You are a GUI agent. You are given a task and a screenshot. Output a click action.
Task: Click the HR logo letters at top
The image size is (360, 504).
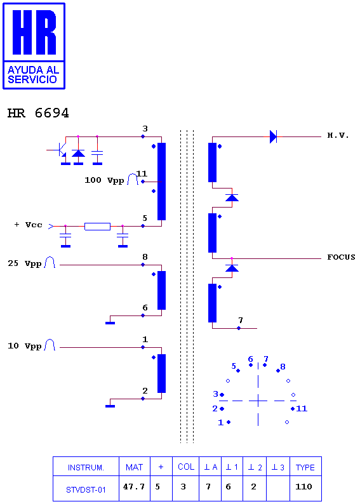34,32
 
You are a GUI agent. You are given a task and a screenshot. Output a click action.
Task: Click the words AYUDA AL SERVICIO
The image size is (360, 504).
33,74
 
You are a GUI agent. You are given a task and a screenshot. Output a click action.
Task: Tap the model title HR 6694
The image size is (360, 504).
38,113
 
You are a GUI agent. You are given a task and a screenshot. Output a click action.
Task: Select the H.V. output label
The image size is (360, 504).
338,135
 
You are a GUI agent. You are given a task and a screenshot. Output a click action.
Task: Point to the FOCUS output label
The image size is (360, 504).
341,257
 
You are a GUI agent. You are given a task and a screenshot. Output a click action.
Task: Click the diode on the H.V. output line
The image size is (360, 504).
273,136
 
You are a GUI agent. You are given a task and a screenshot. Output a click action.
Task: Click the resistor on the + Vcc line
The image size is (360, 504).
97,226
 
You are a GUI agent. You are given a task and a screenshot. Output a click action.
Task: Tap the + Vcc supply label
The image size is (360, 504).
29,225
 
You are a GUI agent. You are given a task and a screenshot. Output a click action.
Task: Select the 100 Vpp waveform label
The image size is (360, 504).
104,180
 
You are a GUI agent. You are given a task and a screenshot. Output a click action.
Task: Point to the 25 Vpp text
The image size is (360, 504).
25,263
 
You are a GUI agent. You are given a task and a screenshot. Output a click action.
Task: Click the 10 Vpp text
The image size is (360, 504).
25,346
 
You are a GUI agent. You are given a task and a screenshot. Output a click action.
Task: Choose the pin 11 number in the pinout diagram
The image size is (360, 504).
302,409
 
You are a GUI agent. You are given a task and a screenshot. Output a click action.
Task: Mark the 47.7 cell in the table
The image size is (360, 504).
134,486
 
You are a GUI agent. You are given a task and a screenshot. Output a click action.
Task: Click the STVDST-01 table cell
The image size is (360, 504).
86,489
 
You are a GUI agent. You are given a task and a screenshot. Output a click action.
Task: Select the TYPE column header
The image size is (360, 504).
305,467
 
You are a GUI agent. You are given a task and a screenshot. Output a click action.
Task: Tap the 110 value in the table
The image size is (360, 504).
303,486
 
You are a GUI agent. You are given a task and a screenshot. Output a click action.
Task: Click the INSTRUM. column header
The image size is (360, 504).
86,468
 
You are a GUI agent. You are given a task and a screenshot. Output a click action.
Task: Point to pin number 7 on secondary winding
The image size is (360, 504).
241,320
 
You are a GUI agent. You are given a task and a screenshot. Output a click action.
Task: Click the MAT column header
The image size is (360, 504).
134,467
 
